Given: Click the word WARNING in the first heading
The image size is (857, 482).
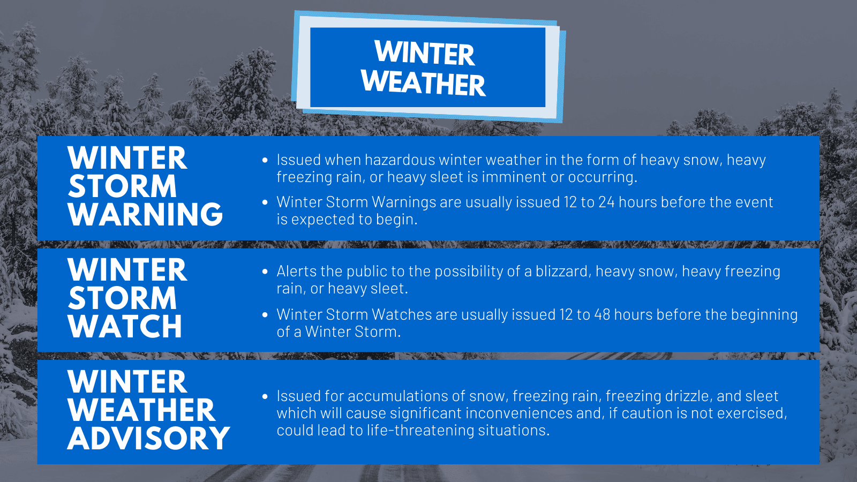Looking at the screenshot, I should click(145, 214).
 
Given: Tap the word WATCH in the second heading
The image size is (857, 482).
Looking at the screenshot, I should click(125, 326).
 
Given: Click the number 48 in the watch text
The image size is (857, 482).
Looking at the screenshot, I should click(602, 314).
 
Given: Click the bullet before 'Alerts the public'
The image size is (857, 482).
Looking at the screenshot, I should click(265, 272).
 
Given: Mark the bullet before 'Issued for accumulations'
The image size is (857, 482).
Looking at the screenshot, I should click(265, 396).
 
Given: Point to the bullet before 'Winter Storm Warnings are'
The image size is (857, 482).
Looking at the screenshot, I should click(265, 202).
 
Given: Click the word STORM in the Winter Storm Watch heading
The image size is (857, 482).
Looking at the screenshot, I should click(122, 298).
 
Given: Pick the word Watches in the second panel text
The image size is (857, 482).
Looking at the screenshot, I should click(402, 314).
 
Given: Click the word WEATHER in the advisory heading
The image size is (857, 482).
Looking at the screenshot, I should click(141, 410).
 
